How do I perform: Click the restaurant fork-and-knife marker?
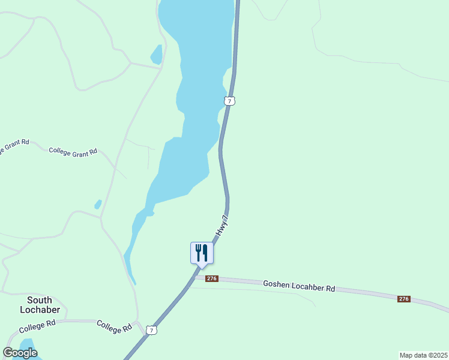click(x=202, y=253)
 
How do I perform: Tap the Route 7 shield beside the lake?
click(x=229, y=101)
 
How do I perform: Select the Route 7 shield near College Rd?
click(x=152, y=330)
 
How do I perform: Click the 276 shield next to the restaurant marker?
click(x=211, y=278)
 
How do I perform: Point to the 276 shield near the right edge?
click(x=403, y=298)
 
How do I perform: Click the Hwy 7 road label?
click(x=222, y=226)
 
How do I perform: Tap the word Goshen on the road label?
click(x=276, y=284)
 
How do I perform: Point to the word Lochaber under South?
click(x=40, y=310)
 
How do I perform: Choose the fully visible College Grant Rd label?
click(x=73, y=152)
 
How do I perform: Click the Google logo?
click(x=20, y=353)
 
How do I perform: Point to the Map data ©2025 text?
click(x=423, y=355)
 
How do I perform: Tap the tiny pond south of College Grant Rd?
click(x=98, y=205)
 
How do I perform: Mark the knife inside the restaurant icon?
click(x=205, y=252)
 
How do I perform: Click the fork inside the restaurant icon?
click(x=198, y=252)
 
